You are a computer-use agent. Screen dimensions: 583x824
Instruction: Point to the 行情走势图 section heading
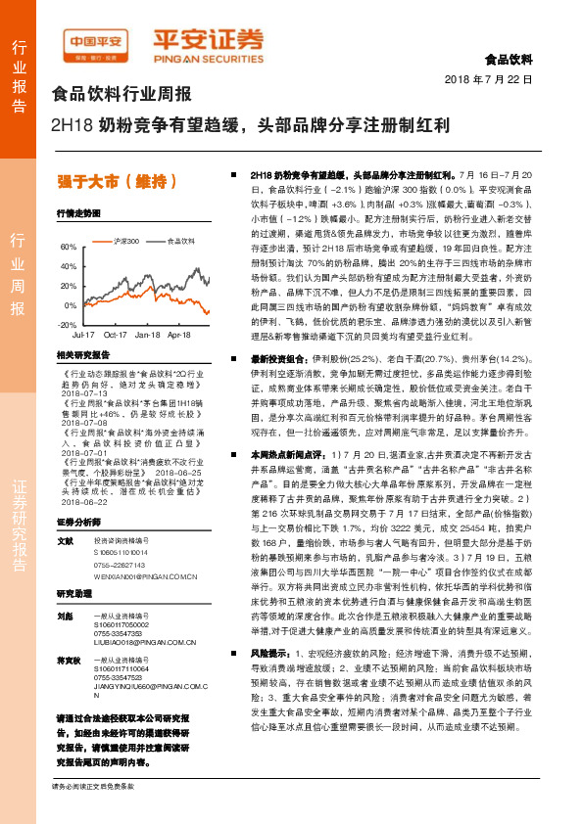coord(78,212)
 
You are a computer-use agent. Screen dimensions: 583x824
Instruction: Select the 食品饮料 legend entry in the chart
coord(180,240)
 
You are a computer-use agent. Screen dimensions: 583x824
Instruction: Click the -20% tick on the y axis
coord(68,324)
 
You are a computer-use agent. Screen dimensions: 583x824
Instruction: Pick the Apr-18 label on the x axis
coord(178,335)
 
